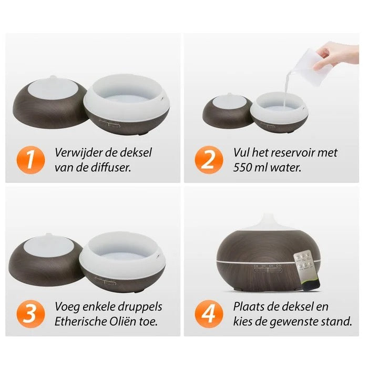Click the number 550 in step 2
tap(246, 169)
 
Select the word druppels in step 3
tap(136, 306)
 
